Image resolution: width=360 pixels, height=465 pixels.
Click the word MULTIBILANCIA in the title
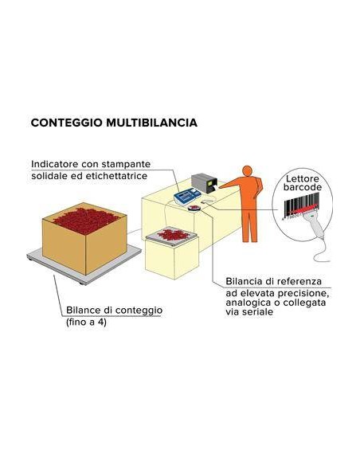[x=149, y=124]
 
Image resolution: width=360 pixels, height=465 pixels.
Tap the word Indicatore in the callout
[x=57, y=164]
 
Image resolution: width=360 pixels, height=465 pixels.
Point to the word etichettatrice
[x=115, y=175]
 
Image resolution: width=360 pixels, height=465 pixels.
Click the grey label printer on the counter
[x=205, y=184]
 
